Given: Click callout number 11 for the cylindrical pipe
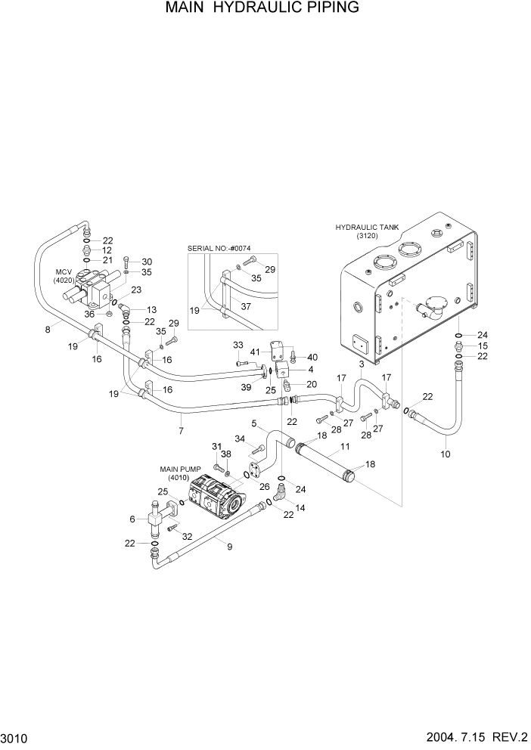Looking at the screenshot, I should pos(345,448).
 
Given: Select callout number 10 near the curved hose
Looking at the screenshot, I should pos(445,454).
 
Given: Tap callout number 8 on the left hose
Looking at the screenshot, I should pos(48,329).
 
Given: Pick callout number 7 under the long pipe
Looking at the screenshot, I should pos(181,432).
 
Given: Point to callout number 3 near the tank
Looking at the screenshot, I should pos(362,364).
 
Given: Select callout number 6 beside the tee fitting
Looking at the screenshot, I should pos(132,519).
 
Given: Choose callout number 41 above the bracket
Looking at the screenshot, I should pos(256,352).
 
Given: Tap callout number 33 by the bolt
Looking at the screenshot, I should pos(238,345).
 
